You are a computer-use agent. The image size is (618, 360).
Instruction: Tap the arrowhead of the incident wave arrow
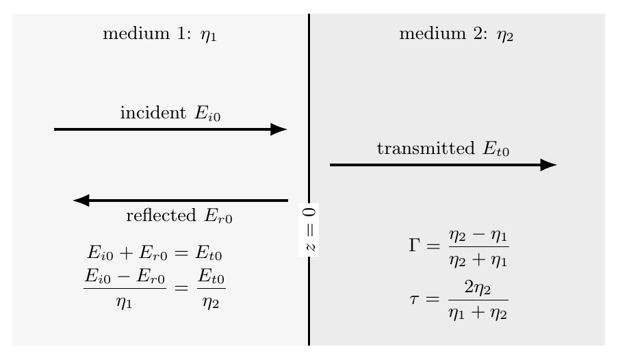(279, 129)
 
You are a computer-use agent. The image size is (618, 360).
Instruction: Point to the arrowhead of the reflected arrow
(81, 201)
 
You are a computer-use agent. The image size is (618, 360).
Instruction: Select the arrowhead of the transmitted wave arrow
(549, 165)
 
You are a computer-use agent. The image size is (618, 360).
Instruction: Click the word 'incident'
(153, 113)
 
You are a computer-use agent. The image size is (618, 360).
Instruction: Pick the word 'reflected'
(161, 216)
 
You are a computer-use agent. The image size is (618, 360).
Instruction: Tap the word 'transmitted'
(426, 149)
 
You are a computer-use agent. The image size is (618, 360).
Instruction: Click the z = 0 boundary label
(309, 230)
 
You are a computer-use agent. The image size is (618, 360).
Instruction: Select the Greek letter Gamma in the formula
(414, 245)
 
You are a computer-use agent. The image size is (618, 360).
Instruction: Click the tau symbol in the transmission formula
(414, 298)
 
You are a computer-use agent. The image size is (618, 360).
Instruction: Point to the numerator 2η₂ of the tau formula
(478, 287)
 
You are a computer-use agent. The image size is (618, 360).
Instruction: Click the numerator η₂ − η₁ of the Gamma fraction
(478, 236)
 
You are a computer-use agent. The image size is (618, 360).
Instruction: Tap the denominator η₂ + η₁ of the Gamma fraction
(478, 261)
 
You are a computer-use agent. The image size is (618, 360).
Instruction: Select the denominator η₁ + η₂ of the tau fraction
(478, 313)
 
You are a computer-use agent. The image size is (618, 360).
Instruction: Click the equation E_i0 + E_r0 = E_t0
(155, 253)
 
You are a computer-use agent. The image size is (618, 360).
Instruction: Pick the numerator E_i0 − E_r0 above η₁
(125, 276)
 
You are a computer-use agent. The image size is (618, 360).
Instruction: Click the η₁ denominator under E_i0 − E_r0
(124, 303)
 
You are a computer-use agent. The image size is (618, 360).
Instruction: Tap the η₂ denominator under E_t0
(211, 303)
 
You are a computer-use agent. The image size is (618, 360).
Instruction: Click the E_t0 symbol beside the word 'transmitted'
(496, 149)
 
